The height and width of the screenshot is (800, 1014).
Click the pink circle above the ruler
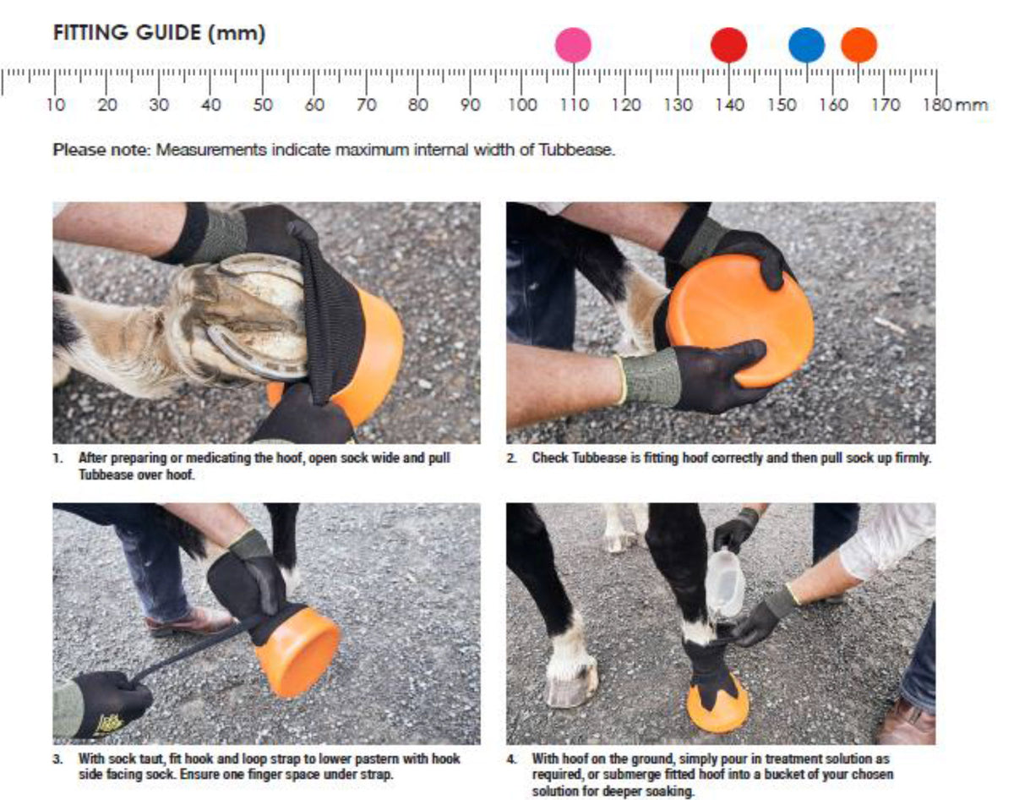(573, 45)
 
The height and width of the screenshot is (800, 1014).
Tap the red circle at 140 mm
(729, 45)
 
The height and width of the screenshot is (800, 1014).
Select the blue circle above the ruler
(807, 45)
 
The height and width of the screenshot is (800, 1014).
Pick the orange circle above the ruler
(859, 45)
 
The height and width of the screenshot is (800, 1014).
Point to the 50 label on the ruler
(263, 104)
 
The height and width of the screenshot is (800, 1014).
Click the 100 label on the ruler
(522, 104)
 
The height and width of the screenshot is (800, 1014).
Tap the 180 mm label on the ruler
(955, 104)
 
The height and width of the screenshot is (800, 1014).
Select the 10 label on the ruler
(56, 104)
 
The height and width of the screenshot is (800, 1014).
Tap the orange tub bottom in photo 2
(739, 321)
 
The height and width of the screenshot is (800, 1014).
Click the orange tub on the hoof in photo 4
(717, 708)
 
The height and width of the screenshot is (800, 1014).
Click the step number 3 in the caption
(57, 759)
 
